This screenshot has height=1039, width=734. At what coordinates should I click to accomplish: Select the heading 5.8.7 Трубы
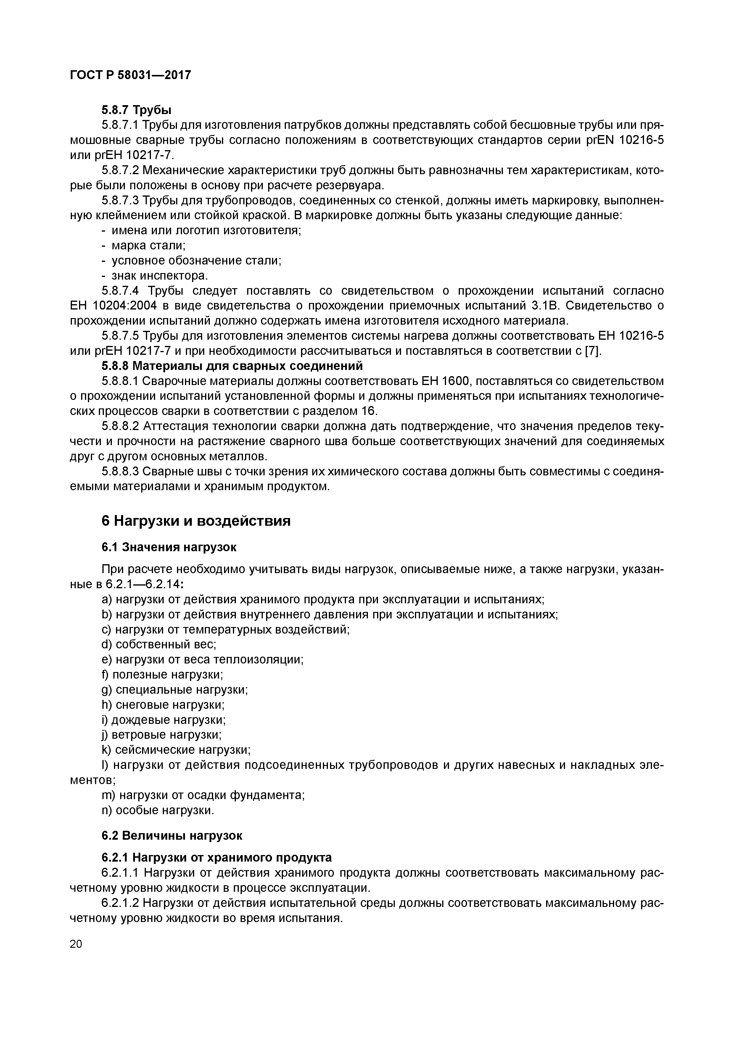pyautogui.click(x=136, y=110)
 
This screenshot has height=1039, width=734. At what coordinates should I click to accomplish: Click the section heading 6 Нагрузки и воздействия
pyautogui.click(x=196, y=521)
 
